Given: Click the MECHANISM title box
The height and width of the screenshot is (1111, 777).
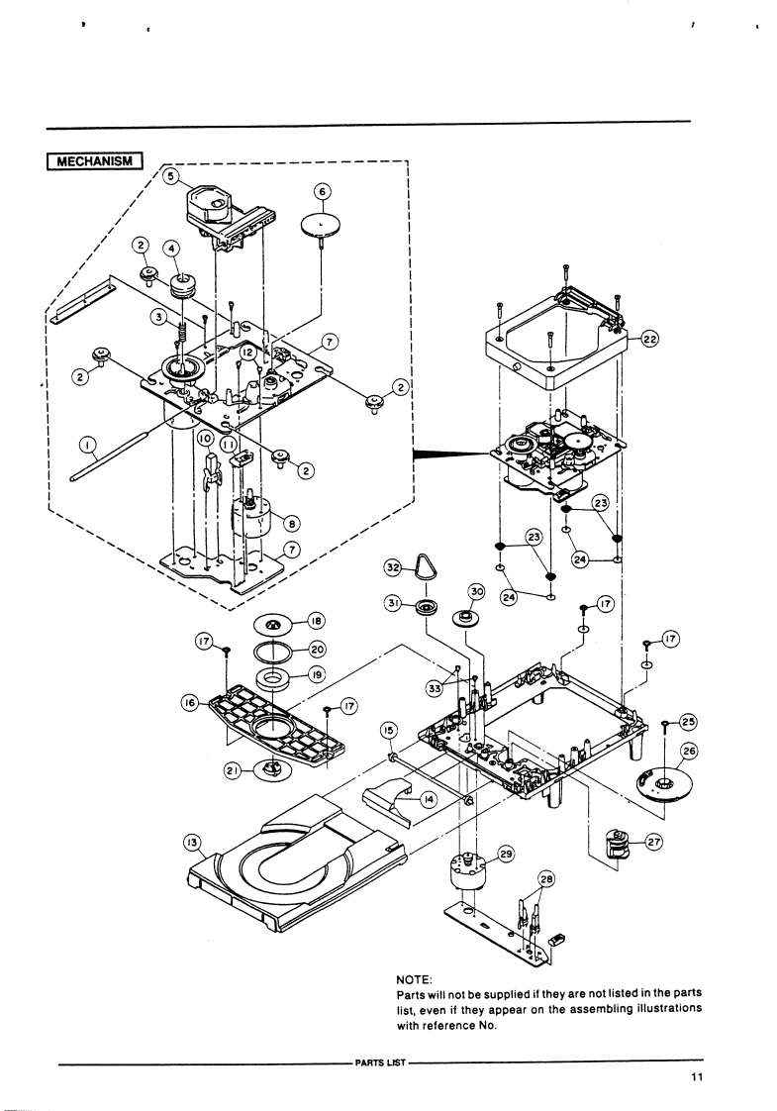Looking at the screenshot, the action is [96, 161].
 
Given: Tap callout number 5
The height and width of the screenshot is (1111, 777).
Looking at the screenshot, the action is [170, 176].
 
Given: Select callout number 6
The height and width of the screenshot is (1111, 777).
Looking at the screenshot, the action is [322, 191].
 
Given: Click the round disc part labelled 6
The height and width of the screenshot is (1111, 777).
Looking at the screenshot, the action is [321, 227].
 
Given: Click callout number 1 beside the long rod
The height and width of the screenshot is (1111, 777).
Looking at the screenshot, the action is [86, 445].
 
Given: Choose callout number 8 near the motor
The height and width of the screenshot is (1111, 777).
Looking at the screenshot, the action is [291, 524].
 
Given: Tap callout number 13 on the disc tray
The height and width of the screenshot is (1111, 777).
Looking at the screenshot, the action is [192, 843].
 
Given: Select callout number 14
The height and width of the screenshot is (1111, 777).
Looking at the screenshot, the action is [428, 799].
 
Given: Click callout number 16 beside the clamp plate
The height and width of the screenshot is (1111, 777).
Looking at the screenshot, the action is [190, 702].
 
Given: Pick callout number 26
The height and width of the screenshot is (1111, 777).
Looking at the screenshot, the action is [688, 752].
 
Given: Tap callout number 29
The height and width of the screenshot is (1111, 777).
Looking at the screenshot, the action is [506, 855].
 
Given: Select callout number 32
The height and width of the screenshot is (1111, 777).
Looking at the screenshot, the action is [392, 567].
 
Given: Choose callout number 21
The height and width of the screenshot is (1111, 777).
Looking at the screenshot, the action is [231, 771].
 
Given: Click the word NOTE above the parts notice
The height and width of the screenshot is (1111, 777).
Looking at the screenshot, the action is [414, 979].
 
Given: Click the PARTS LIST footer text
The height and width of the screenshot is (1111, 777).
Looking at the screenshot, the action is [380, 1062].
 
